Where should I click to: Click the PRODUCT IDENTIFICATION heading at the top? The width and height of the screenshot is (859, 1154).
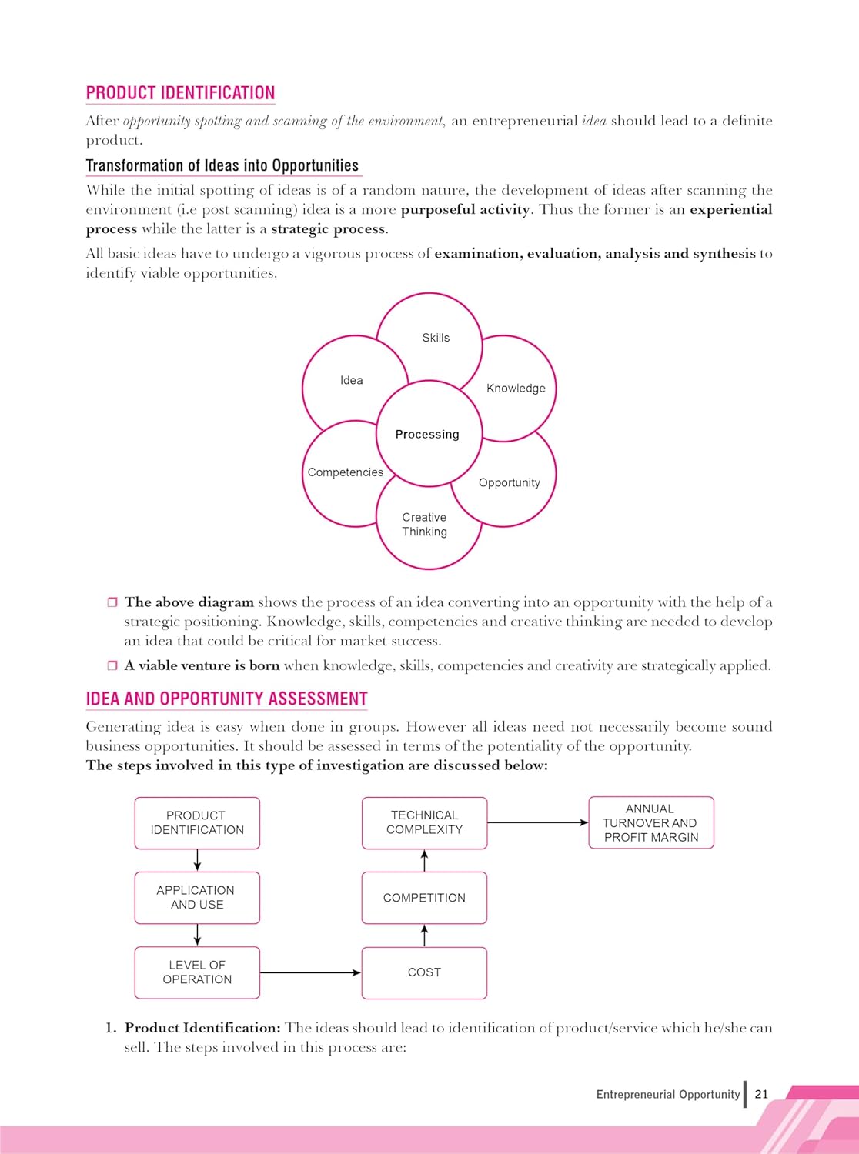point(180,93)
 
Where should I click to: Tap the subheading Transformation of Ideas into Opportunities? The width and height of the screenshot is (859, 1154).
point(222,165)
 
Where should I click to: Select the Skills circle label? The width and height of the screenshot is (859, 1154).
point(436,338)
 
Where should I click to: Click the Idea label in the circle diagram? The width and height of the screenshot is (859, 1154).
point(351,380)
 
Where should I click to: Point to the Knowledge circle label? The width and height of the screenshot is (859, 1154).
point(516,389)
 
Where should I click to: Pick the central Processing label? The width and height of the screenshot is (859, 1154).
point(427,435)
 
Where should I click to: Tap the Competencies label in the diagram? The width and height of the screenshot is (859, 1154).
point(345,472)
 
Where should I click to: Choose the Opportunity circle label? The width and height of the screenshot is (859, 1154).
point(510,482)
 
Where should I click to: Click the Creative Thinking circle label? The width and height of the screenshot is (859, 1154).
point(424,525)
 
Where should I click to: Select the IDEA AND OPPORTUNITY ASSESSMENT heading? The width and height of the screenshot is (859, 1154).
point(226,699)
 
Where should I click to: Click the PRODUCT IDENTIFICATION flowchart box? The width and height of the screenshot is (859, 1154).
point(197,822)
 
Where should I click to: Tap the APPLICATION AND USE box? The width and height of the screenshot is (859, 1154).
point(197,898)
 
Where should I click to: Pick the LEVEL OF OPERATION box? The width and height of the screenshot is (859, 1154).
point(197,972)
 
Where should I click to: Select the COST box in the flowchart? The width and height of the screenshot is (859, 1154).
point(424,972)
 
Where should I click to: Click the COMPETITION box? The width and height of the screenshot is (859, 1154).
point(424,898)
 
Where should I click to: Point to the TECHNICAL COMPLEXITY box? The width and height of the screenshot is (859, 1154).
point(424,822)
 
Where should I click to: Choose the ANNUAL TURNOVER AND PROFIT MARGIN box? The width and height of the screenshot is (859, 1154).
point(651,822)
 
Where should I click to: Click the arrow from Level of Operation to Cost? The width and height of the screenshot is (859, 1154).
point(310,972)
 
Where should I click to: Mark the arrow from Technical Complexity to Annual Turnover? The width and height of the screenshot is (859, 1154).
point(537,822)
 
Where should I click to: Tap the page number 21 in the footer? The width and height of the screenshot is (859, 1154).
point(761,1094)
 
